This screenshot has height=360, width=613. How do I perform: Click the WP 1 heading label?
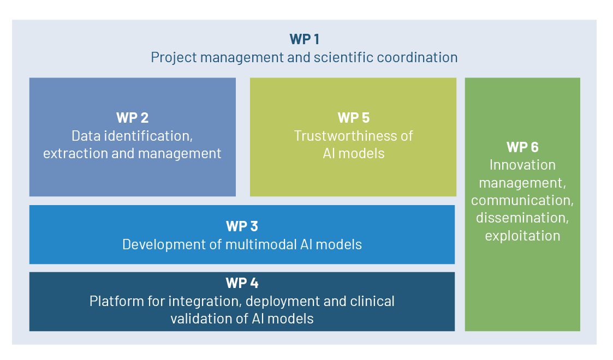(304, 39)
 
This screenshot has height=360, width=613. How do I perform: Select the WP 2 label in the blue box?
(132, 118)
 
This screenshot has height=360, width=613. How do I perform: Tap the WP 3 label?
(242, 226)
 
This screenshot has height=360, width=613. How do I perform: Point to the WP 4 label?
(242, 283)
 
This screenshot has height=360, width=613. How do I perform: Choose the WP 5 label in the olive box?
(354, 118)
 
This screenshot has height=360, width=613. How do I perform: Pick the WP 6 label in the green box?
(522, 147)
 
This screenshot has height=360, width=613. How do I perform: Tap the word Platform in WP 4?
(114, 301)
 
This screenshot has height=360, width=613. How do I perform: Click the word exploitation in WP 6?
(522, 236)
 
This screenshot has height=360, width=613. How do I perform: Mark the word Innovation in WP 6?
(522, 165)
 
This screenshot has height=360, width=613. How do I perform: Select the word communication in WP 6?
(522, 200)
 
